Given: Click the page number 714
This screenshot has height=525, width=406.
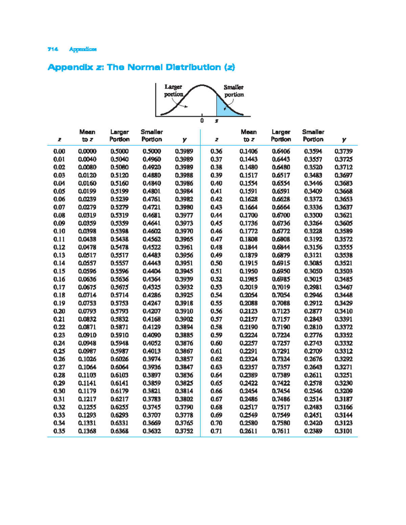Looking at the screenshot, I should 53,49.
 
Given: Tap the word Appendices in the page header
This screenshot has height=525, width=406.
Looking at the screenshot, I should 83,49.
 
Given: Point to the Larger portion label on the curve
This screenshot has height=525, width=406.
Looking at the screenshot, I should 173,91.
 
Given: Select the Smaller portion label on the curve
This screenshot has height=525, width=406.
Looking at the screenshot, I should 234,91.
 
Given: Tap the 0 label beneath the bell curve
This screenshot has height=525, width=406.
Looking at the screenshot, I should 202,121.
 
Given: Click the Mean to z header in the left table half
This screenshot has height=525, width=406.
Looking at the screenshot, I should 87,136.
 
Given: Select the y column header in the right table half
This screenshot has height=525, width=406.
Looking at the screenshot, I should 344,139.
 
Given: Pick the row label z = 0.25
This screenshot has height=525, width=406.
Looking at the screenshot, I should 59,351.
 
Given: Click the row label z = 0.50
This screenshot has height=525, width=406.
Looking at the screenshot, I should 216,263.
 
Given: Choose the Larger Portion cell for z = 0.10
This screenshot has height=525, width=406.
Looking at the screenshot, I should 119,231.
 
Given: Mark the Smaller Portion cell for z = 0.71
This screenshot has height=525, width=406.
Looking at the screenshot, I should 313,431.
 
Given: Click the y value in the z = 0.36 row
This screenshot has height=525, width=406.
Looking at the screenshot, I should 343,151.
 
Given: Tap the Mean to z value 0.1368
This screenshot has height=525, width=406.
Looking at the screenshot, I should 87,431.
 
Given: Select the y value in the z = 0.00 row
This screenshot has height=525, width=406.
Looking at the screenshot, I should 184,151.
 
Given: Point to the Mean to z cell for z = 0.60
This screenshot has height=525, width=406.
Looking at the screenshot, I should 248,343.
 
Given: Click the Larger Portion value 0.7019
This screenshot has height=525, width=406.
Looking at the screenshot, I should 281,287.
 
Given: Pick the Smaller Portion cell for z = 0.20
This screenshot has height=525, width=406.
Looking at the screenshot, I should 152,311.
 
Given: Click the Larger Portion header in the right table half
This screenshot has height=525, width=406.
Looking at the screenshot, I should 281,136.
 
